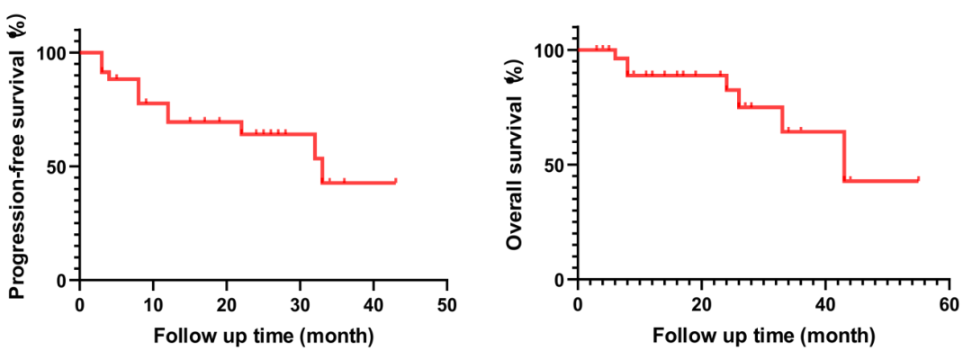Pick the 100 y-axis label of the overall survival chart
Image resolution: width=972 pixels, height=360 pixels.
click(550, 50)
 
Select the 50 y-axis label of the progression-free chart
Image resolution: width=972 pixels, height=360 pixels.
click(57, 166)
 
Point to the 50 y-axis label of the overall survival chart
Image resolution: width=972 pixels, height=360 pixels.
click(554, 166)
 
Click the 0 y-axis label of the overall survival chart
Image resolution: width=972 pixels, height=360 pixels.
click(560, 280)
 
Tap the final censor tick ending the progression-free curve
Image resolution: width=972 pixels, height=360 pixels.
click(396, 180)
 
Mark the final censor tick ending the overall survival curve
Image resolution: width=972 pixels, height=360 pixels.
click(918, 178)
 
